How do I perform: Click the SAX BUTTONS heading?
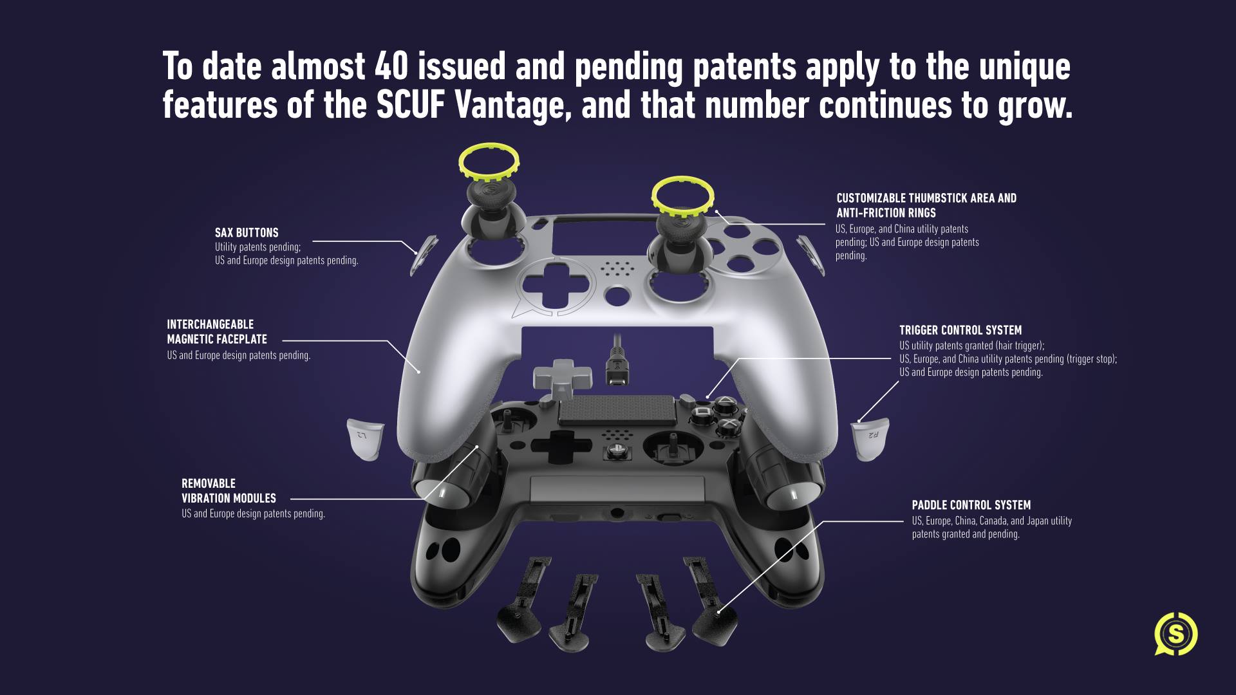point(247,232)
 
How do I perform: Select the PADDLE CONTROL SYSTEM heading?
point(971,505)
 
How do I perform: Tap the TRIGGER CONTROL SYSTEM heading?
point(960,330)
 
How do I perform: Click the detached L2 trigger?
point(366,438)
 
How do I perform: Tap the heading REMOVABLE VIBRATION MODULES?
point(229,491)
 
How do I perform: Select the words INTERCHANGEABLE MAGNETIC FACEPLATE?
point(217,332)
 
